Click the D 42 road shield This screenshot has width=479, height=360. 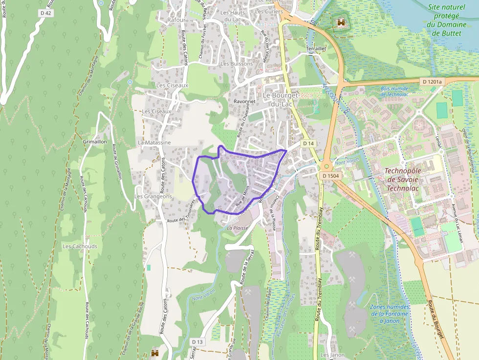click(45, 13)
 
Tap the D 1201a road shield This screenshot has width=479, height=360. click(432, 82)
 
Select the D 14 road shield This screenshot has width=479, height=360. click(307, 144)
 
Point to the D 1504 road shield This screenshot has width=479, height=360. click(331, 175)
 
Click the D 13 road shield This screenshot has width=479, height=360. click(197, 341)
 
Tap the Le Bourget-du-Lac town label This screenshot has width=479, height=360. click(281, 99)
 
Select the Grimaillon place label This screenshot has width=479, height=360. click(95, 141)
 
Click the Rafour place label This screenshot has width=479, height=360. click(176, 20)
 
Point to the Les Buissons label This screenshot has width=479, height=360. click(237, 64)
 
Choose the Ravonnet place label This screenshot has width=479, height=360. click(244, 102)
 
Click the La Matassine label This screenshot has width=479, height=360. click(154, 143)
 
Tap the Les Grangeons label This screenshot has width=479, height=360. click(153, 196)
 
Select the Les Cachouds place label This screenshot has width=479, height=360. click(80, 247)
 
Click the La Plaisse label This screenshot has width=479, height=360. click(238, 228)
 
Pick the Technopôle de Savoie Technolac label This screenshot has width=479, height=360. click(406, 179)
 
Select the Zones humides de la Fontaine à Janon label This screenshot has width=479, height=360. click(389, 314)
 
